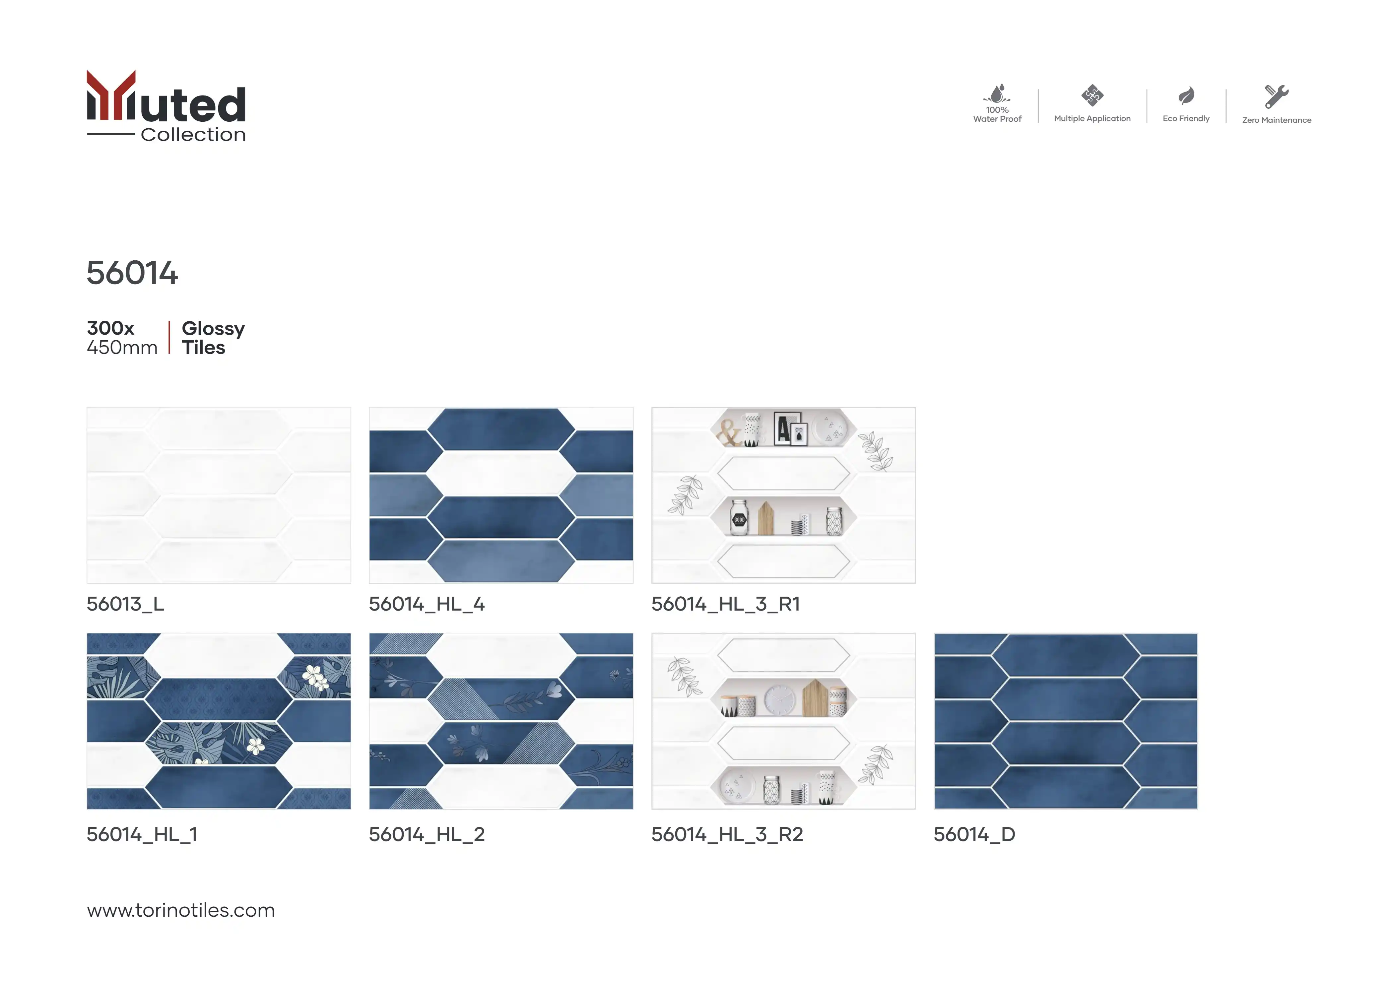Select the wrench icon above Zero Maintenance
[1276, 96]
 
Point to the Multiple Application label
[1092, 119]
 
